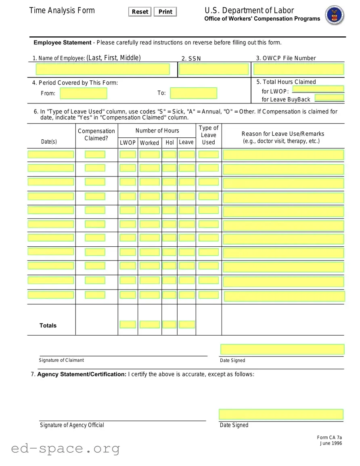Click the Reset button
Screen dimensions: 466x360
[x=140, y=12]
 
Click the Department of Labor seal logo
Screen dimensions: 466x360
[x=334, y=15]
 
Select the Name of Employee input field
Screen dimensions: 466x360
[x=103, y=69]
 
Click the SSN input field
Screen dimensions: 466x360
[x=213, y=69]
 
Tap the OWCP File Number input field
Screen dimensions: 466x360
[x=299, y=69]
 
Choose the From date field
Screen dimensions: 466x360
[x=84, y=93]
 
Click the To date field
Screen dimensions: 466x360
[x=193, y=93]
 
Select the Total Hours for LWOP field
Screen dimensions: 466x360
[x=318, y=89]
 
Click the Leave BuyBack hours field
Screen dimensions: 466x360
[x=329, y=97]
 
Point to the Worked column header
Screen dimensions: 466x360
[x=149, y=143]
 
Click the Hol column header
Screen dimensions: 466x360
[x=170, y=143]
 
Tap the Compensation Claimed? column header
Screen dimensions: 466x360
[x=96, y=134]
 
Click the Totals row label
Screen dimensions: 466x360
[x=48, y=325]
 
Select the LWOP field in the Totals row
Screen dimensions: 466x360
[x=128, y=324]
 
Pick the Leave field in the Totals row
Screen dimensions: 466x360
[x=186, y=324]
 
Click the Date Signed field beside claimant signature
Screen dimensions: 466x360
[x=282, y=349]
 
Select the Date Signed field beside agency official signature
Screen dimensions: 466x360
[x=281, y=414]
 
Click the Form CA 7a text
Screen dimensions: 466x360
[x=329, y=437]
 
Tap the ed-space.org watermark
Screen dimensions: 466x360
[x=65, y=448]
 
